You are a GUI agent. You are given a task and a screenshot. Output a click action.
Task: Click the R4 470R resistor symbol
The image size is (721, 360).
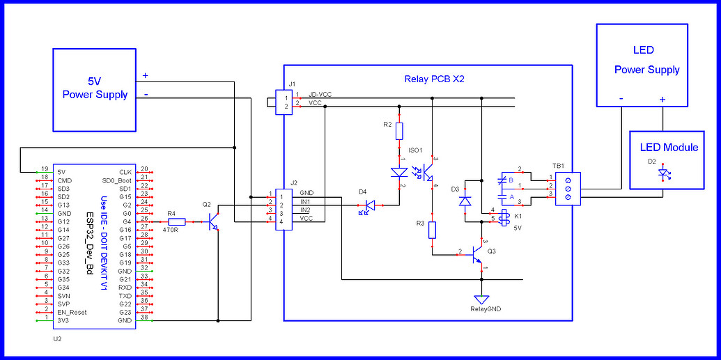click(x=177, y=221)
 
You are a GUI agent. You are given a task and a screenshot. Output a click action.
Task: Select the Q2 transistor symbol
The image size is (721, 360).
click(x=214, y=222)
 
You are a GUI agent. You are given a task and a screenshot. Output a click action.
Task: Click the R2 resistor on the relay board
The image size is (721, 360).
click(x=399, y=131)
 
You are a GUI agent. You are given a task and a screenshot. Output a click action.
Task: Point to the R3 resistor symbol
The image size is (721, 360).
click(x=432, y=230)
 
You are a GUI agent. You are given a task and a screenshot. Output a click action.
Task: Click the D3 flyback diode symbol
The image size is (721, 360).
click(x=465, y=201)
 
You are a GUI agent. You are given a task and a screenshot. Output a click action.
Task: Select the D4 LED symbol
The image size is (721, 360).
click(x=369, y=205)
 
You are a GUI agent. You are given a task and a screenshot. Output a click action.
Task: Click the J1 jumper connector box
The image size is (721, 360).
click(x=283, y=102)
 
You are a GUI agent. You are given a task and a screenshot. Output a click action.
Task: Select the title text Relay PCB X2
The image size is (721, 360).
click(x=434, y=79)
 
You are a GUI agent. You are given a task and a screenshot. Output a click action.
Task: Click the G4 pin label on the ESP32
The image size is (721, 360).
click(x=125, y=221)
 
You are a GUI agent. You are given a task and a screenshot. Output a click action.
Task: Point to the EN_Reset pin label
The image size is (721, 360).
click(x=73, y=312)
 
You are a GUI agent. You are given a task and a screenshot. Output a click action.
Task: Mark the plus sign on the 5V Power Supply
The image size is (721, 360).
click(x=145, y=75)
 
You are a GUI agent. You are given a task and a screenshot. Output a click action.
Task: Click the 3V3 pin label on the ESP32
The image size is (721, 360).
click(x=63, y=320)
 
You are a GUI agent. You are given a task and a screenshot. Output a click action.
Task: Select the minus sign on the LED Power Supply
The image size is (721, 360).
click(x=621, y=99)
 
